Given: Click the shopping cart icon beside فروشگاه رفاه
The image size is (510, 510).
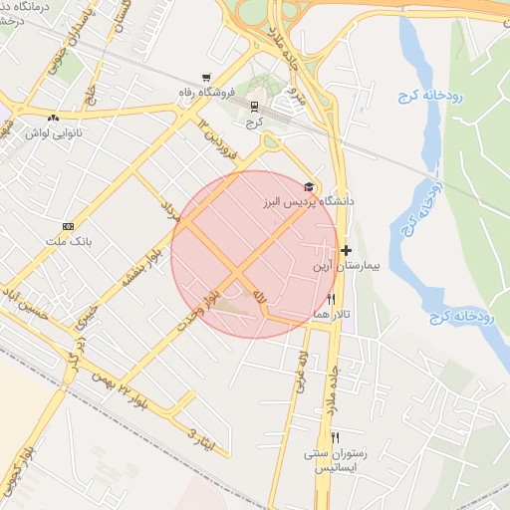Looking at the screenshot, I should point(206,78).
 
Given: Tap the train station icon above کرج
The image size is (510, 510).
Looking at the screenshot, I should point(254,106).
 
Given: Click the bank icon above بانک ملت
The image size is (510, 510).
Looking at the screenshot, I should point(68,226).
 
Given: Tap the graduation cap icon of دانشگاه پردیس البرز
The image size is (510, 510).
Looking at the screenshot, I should point(310,186).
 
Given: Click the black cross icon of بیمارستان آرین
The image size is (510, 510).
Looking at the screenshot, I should point(346,250).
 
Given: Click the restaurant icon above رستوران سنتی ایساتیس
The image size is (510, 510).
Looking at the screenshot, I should point(336,436).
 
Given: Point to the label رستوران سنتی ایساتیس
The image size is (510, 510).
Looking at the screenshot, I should point(336,459).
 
